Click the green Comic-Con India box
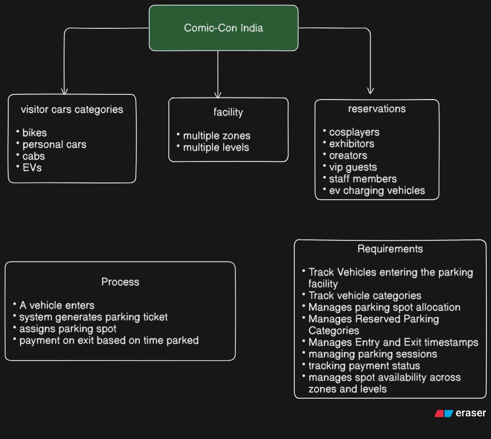(x=223, y=28)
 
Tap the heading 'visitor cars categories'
(x=72, y=109)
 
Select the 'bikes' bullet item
(x=35, y=133)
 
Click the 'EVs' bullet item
(x=32, y=168)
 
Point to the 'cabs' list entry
(x=34, y=156)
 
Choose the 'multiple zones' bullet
(x=217, y=136)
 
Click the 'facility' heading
(x=228, y=112)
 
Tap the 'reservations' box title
(x=377, y=108)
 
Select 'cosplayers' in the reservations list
(x=354, y=132)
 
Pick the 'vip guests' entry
(x=353, y=167)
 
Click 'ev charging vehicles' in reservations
(x=377, y=190)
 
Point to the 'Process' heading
(x=120, y=282)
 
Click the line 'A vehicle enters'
(x=57, y=305)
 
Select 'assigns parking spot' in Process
(x=68, y=329)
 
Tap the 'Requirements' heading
(x=390, y=249)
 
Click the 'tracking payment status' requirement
(x=364, y=366)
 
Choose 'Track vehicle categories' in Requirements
(x=365, y=296)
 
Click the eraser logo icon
(x=444, y=413)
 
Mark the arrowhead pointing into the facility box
(x=218, y=95)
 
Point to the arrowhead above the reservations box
(x=370, y=91)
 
